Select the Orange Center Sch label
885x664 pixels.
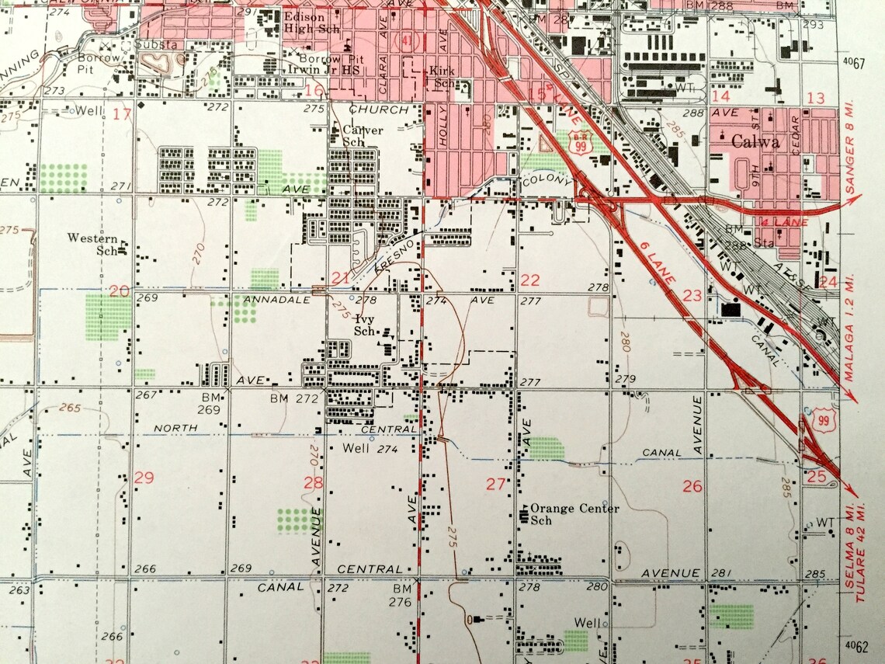[574, 514]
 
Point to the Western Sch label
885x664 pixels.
[92, 244]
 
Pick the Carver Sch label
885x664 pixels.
[363, 137]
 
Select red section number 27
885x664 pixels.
[496, 485]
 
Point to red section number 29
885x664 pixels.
[144, 478]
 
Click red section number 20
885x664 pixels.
[120, 290]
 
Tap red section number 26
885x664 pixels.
[692, 487]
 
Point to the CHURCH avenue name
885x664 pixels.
[378, 110]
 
